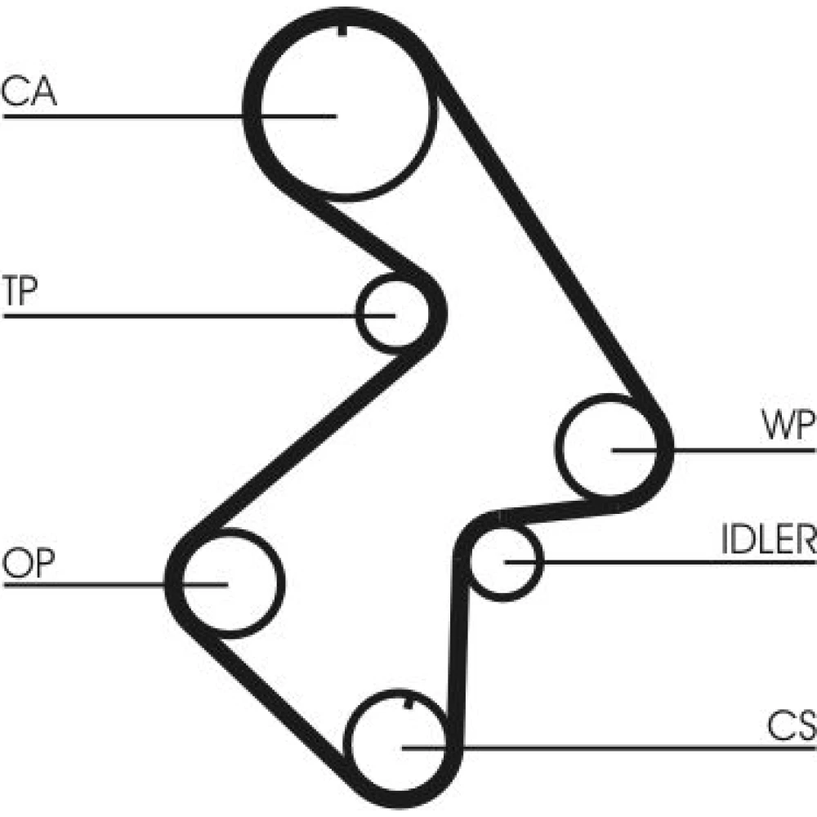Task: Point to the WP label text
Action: tap(787, 426)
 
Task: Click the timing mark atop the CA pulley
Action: tap(338, 31)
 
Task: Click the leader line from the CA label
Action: tap(123, 117)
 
